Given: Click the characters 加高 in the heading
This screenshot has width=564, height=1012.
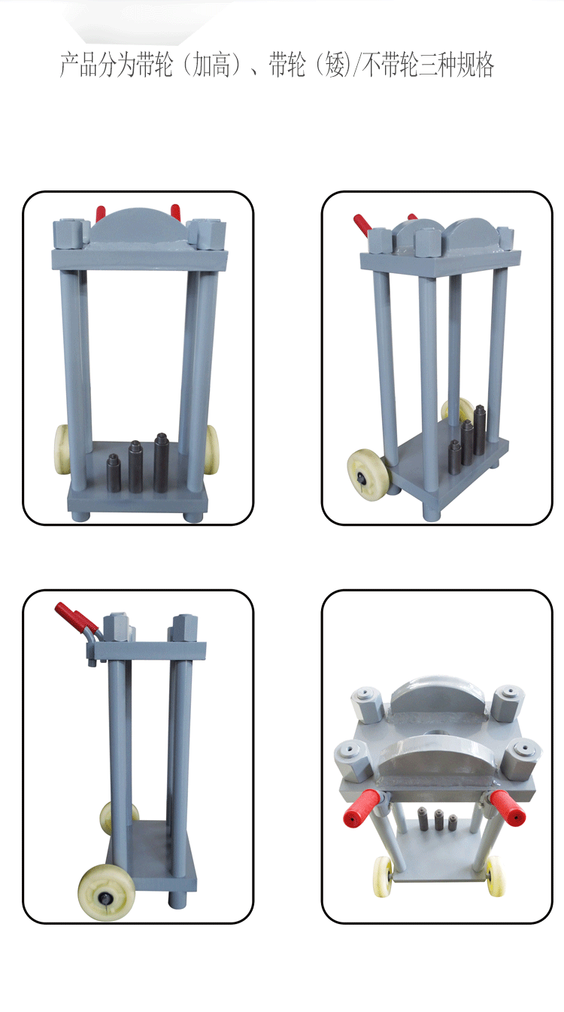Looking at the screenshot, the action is [x=212, y=65].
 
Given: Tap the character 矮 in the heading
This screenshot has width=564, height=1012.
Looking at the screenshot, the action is [x=335, y=65].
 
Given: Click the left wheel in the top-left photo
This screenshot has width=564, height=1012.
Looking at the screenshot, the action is [x=62, y=449].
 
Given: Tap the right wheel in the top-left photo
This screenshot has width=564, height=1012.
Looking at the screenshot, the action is [x=211, y=449].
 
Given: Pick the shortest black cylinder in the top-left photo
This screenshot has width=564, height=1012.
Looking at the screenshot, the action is [x=113, y=473].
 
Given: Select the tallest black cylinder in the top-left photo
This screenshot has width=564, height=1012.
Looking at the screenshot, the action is [x=161, y=462].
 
